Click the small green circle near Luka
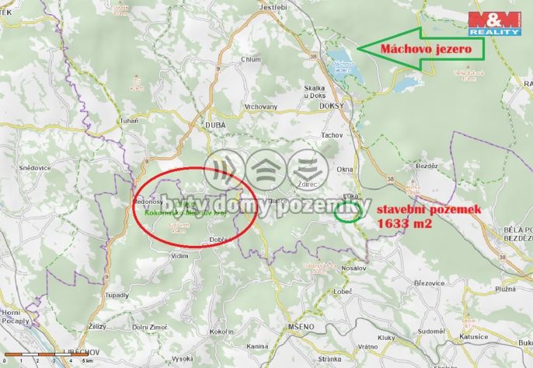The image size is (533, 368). pos(348,212)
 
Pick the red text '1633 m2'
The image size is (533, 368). pos(405,223)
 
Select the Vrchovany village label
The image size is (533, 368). pos(261,106)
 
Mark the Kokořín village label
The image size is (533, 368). pos(221,332)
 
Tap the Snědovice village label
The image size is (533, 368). pos(34,167)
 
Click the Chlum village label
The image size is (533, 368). pos(251,59)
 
